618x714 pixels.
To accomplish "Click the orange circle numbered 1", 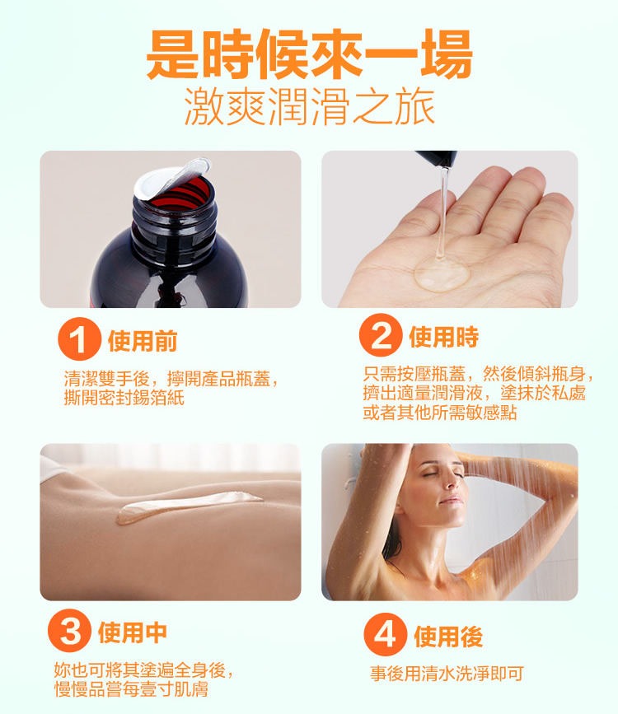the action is pyautogui.click(x=79, y=338).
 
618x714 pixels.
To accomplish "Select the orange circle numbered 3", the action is pyautogui.click(x=69, y=631).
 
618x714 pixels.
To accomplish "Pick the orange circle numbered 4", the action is pyautogui.click(x=385, y=634).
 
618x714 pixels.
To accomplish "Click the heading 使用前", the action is pyautogui.click(x=143, y=341).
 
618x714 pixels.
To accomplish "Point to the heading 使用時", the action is pyautogui.click(x=444, y=337).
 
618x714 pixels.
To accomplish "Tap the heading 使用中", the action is pyautogui.click(x=133, y=632).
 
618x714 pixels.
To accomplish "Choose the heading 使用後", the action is pyautogui.click(x=448, y=637).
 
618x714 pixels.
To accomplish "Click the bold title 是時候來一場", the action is pyautogui.click(x=309, y=54).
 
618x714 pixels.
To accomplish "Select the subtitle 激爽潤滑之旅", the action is pyautogui.click(x=310, y=107).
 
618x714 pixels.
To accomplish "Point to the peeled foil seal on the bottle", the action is pyautogui.click(x=172, y=179).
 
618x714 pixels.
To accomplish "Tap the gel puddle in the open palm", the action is pyautogui.click(x=441, y=273).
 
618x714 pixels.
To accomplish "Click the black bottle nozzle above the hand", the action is pyautogui.click(x=437, y=158).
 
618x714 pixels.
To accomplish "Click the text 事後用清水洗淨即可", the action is pyautogui.click(x=447, y=674).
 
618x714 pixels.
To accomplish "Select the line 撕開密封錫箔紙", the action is pyautogui.click(x=124, y=398).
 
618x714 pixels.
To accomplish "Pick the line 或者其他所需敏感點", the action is pyautogui.click(x=440, y=413).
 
